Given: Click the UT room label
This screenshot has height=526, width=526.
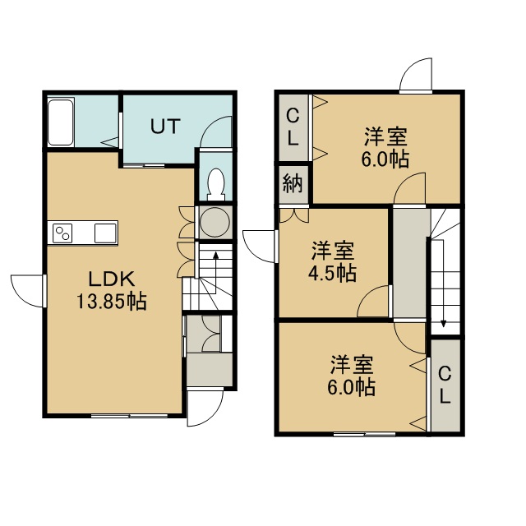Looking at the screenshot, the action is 165,126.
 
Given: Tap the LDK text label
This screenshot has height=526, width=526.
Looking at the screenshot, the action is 112,279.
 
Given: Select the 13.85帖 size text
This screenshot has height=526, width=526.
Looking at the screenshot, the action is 112,301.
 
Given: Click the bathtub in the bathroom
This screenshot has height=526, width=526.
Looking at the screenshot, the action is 61,122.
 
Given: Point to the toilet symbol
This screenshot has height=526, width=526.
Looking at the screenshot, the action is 215,184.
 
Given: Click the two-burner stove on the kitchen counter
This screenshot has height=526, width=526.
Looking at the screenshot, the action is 62,233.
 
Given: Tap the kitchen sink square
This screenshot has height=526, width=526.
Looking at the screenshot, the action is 105,233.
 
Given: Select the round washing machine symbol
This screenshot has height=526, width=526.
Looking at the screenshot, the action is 215,222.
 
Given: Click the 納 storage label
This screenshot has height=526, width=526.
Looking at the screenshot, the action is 293,184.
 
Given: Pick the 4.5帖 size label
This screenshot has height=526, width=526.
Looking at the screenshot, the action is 332,273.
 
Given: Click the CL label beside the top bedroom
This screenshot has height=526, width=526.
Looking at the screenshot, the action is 293,127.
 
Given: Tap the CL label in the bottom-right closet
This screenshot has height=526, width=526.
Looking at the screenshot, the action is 445,385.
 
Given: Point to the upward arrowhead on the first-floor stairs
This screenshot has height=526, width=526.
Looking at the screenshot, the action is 216,255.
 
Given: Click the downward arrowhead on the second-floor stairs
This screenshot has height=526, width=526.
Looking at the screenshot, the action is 444,324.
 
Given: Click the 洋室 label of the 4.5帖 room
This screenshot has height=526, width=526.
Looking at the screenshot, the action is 333,251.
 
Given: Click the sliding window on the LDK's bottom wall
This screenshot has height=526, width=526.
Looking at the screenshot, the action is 130,415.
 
